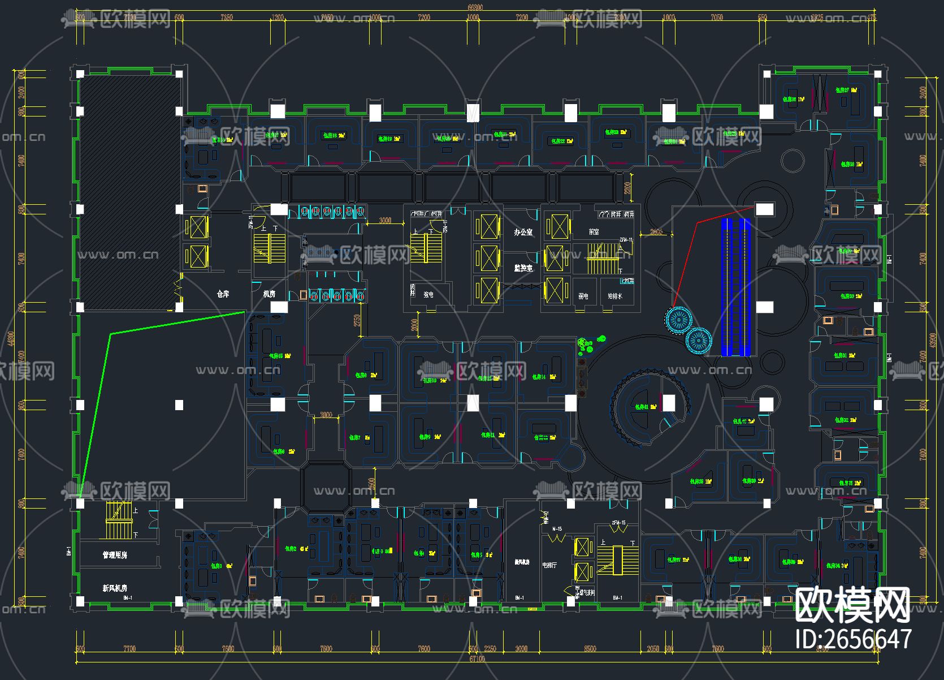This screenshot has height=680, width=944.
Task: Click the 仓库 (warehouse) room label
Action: point(223,294)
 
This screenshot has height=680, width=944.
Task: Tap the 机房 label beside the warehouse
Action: point(269,294)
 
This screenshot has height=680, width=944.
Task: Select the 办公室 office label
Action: point(523,232)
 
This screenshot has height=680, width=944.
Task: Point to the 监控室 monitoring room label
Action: point(523,268)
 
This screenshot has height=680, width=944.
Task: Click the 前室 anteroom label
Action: point(594,232)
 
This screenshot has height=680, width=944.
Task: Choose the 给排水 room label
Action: point(614,296)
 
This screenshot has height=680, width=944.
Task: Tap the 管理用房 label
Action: point(115,555)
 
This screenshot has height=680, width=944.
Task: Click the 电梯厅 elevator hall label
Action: point(549,565)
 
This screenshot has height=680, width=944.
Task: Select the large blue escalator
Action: point(736,287)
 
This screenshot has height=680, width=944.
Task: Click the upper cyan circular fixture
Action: point(678,320)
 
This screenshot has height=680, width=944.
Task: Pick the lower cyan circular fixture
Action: point(699,341)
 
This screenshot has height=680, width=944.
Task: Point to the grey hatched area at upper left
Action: point(129,192)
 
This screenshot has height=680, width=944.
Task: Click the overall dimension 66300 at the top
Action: point(475,7)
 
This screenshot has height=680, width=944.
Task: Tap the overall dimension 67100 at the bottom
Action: point(477,659)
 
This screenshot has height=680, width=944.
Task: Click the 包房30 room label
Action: point(850,296)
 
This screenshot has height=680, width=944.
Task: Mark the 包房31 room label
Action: point(844,355)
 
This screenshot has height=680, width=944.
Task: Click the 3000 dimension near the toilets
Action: point(385,221)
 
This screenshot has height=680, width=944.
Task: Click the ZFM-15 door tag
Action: point(618,523)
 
